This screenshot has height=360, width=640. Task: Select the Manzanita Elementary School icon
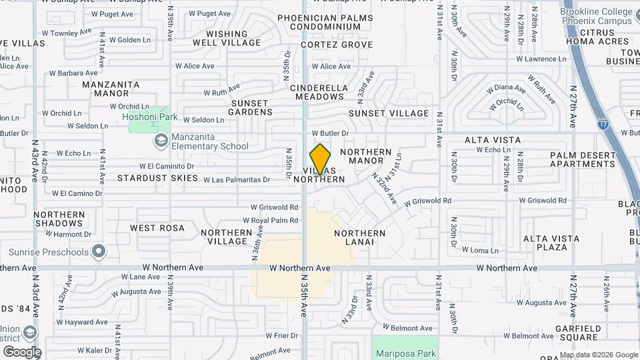160,140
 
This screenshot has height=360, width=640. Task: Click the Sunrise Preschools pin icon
99,252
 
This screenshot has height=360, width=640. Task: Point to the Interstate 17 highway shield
603,124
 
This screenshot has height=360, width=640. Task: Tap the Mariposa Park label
405,353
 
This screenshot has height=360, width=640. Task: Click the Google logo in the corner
22,352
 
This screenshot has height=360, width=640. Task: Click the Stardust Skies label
158,178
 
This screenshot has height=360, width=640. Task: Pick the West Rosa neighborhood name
157,228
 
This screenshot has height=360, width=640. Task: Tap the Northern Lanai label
360,237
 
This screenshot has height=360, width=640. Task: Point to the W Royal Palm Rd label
270,220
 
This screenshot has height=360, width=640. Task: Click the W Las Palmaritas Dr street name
237,179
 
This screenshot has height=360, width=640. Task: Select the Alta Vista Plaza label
545,243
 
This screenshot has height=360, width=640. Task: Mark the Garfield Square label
577,333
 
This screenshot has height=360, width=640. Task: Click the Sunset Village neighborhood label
389,113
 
